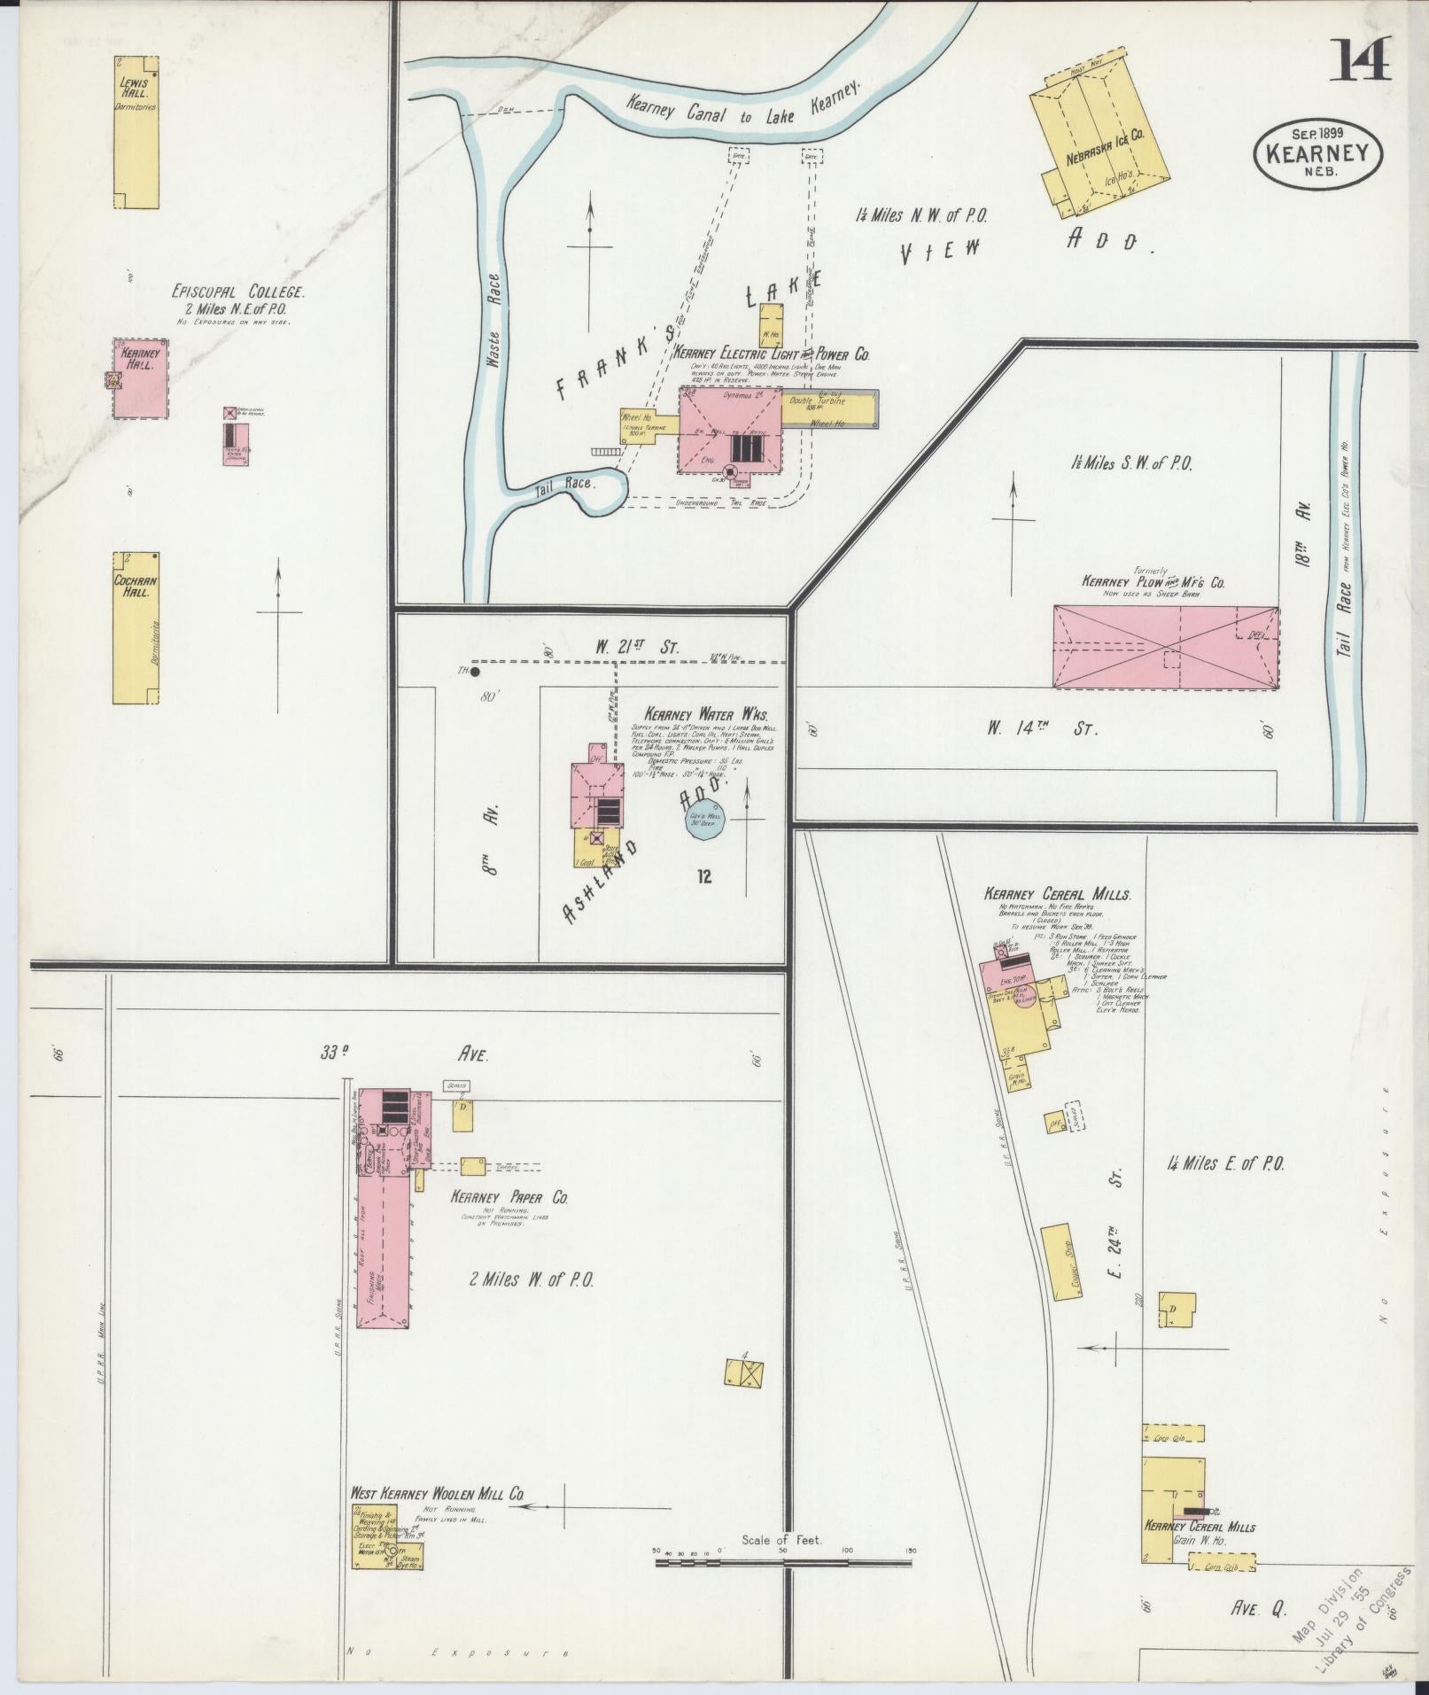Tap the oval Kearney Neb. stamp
pos(1318,153)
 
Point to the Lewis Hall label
pos(136,87)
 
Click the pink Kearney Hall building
pos(140,377)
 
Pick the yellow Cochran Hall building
pos(136,628)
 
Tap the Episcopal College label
pos(239,291)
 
